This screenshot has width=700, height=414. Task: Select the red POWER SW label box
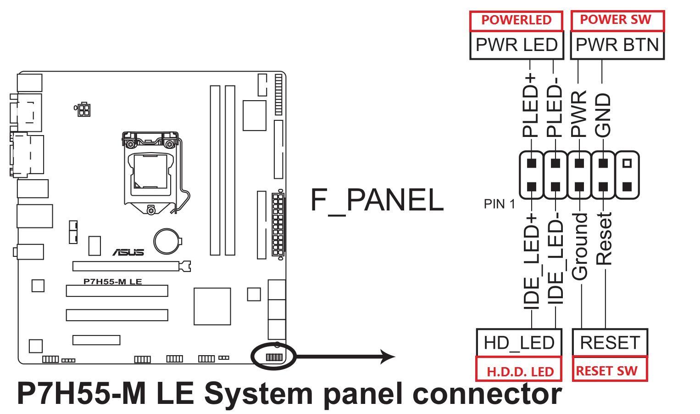[617, 21]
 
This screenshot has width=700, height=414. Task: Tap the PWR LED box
[517, 45]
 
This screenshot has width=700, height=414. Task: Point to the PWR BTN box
[617, 45]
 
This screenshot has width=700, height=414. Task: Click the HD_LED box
[519, 342]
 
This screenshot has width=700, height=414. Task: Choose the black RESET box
[610, 342]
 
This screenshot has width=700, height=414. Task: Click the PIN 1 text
[499, 204]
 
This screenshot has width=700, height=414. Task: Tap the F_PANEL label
[377, 200]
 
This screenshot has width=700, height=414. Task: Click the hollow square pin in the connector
[627, 163]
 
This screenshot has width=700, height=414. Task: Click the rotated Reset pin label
[603, 238]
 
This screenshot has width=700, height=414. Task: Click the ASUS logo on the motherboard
[128, 252]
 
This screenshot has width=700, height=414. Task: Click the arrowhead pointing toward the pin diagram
[388, 357]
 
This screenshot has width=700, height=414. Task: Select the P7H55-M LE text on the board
[112, 281]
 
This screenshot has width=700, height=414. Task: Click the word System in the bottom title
[258, 394]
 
